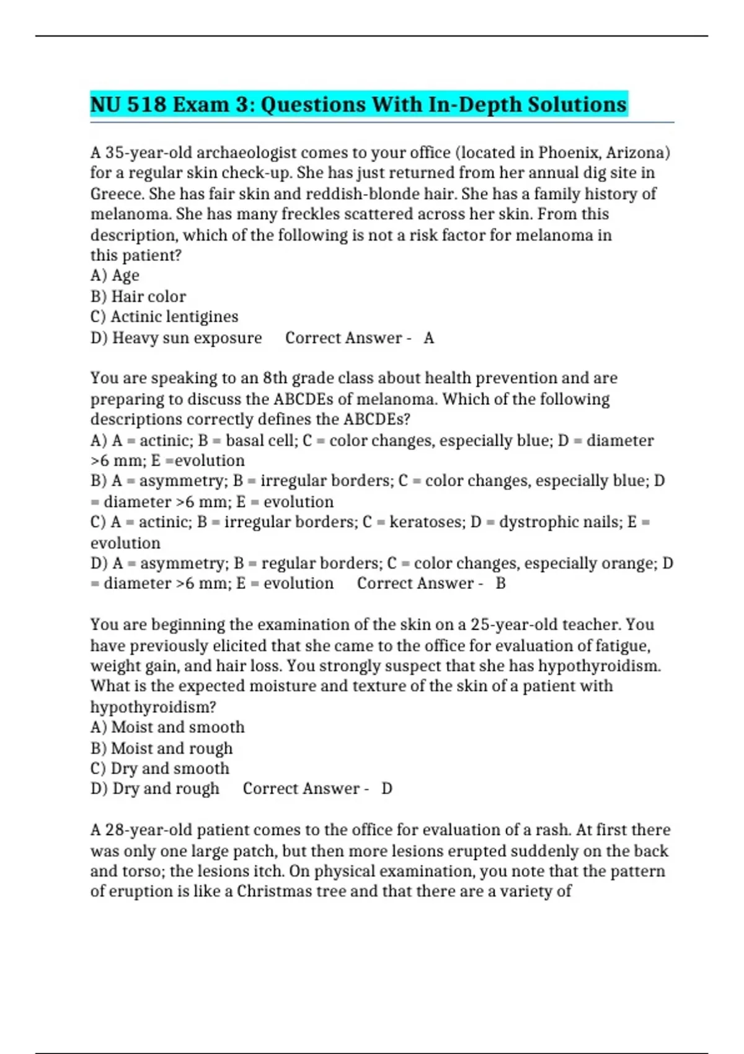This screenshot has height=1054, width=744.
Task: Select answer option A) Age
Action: pos(115,275)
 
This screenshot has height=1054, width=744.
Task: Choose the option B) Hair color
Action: pos(138,296)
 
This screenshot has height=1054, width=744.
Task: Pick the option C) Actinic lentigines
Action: pos(164,317)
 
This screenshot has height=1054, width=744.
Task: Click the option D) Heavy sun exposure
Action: pos(176,338)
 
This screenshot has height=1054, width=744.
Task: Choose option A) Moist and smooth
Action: pos(167,727)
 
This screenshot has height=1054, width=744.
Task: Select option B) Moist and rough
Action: pos(161,748)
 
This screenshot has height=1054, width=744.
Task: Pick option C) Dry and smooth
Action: pos(160,769)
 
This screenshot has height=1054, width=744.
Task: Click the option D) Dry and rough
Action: pos(155,789)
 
